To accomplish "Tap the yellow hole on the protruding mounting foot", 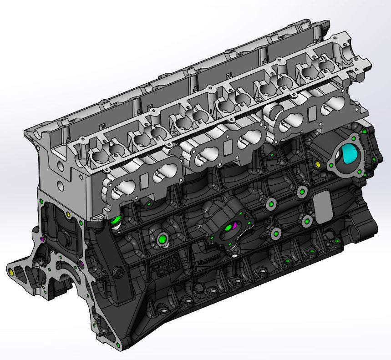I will click(x=11, y=272).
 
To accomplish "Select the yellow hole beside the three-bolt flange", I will click(x=317, y=163).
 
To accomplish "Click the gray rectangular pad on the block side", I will click(x=323, y=207).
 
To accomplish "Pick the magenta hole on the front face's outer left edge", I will click(x=42, y=239).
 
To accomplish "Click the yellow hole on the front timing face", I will click(x=68, y=214).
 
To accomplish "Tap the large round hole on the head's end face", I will click(x=60, y=186).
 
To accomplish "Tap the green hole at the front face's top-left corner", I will click(x=41, y=201).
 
